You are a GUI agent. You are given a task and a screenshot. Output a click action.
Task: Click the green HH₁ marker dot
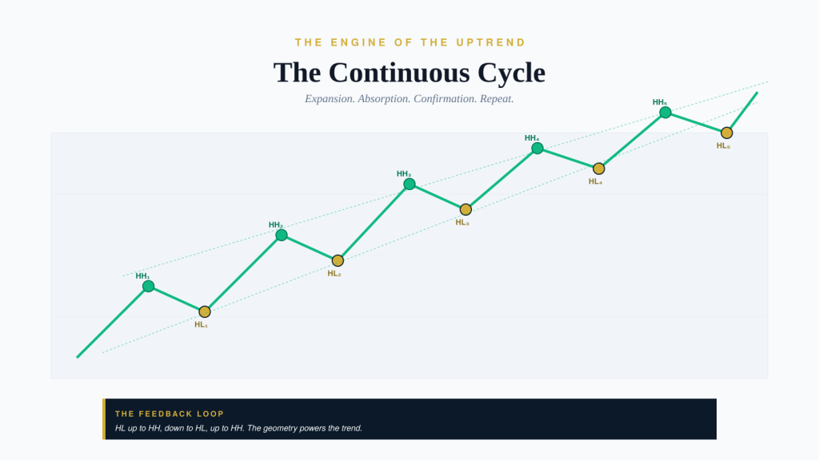point(148,286)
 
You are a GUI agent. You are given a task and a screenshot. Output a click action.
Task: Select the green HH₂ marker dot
point(282,235)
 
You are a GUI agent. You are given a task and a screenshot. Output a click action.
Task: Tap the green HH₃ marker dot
point(409,184)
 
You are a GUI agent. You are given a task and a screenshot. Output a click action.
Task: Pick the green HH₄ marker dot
point(537,148)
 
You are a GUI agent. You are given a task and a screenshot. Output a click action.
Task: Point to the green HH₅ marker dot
point(665,112)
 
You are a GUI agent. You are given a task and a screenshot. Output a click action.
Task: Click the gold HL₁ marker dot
point(205,311)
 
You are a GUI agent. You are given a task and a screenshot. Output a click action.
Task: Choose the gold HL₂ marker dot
point(338,260)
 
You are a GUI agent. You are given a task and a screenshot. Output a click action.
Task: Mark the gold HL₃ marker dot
point(466,209)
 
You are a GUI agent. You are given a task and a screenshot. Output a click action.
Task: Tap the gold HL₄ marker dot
point(598,169)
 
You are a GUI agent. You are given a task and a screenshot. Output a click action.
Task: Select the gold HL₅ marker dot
point(726,133)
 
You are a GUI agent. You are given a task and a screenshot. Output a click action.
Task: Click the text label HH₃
point(404,173)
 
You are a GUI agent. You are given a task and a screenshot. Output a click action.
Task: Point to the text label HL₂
point(334,273)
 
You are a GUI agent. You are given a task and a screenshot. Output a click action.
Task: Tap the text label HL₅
point(723,146)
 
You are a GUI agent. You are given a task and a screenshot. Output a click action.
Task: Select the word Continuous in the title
point(400,73)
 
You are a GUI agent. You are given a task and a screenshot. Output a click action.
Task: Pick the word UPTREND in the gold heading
point(491,42)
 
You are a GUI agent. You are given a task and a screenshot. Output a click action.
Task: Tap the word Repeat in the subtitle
point(497,99)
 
